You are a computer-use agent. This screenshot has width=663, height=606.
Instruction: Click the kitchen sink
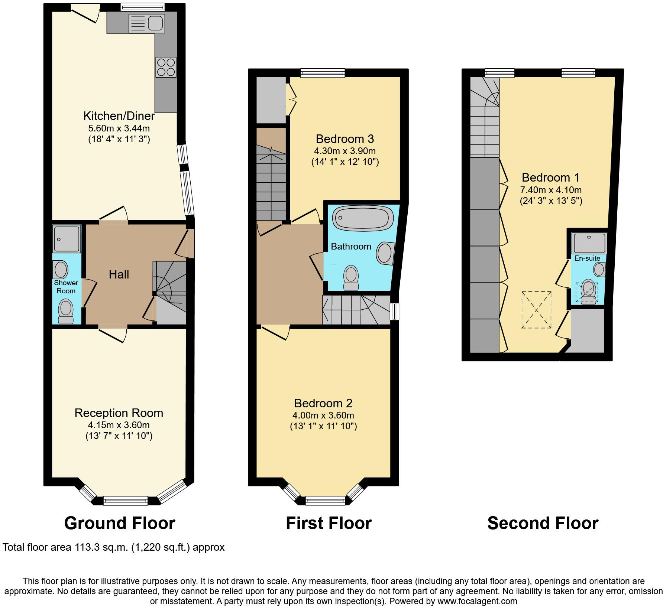pyautogui.click(x=146, y=23)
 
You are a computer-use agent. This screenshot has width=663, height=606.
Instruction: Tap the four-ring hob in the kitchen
pyautogui.click(x=166, y=67)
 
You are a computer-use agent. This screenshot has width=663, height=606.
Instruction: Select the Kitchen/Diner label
pyautogui.click(x=119, y=116)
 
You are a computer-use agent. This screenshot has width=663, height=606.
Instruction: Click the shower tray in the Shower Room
pyautogui.click(x=67, y=238)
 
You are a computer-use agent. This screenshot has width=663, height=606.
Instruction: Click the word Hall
pyautogui.click(x=119, y=274)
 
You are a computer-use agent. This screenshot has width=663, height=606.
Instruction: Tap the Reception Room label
pyautogui.click(x=119, y=413)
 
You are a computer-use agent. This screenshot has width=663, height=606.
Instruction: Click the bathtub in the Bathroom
pyautogui.click(x=362, y=218)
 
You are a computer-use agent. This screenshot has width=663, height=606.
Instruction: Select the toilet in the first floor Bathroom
pyautogui.click(x=351, y=277)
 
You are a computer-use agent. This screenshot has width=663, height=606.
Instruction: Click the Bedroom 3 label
pyautogui.click(x=345, y=139)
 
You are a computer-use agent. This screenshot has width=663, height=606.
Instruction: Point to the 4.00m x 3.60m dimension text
pyautogui.click(x=323, y=416)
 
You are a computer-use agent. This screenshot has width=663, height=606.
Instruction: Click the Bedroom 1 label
pyautogui.click(x=550, y=177)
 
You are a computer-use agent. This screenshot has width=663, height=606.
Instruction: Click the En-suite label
pyautogui.click(x=587, y=258)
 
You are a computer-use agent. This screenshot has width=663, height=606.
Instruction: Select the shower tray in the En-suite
pyautogui.click(x=589, y=243)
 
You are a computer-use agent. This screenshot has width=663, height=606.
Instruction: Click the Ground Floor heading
pyautogui.click(x=119, y=523)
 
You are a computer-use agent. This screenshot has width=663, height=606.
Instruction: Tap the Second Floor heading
pyautogui.click(x=543, y=523)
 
